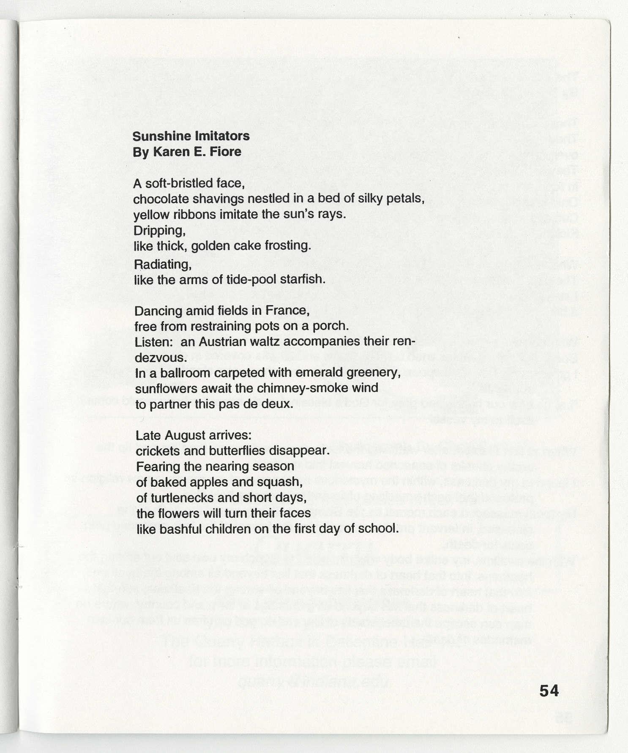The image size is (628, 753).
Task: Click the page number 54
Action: (x=549, y=690)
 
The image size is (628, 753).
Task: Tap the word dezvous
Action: (x=160, y=357)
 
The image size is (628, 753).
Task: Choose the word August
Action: (x=183, y=436)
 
